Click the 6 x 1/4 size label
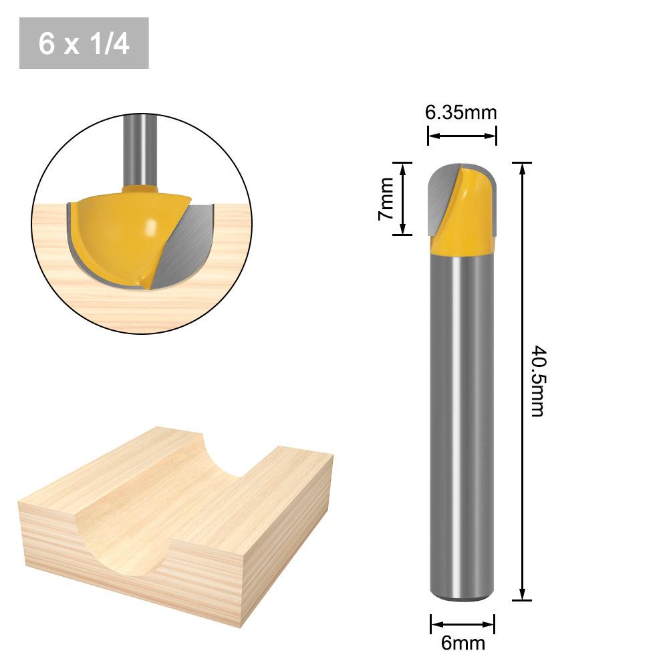tap(84, 43)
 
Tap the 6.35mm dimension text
tap(461, 112)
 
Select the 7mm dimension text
tap(386, 199)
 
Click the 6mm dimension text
tap(462, 643)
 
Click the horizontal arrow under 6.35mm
tap(462, 136)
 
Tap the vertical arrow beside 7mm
tap(402, 198)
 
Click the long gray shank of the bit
tap(461, 414)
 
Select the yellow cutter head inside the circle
tap(120, 234)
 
